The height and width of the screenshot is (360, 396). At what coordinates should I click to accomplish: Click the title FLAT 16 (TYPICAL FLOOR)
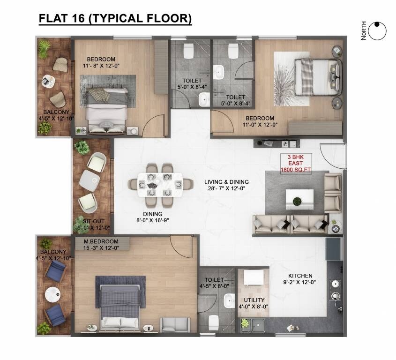click(115, 18)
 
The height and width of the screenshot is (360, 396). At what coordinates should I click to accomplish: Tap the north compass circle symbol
click(377, 31)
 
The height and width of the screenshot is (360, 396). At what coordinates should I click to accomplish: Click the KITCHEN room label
click(300, 276)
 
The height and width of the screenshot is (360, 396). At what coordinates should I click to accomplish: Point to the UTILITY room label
click(254, 300)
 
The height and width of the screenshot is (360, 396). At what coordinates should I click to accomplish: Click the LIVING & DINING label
click(226, 182)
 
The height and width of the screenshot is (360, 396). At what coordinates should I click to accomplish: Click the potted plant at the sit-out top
click(82, 147)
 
